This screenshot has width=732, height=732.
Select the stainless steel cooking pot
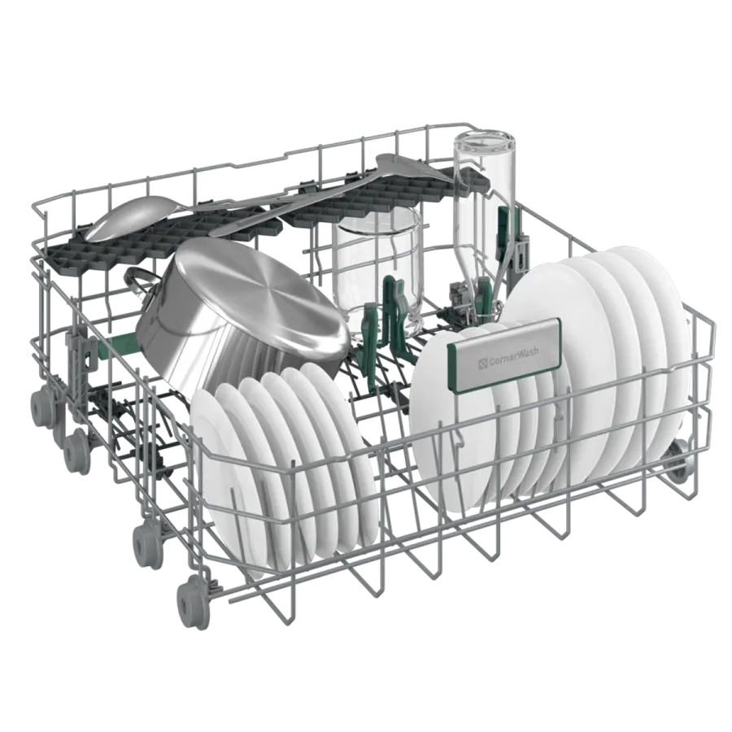click(x=238, y=307)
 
